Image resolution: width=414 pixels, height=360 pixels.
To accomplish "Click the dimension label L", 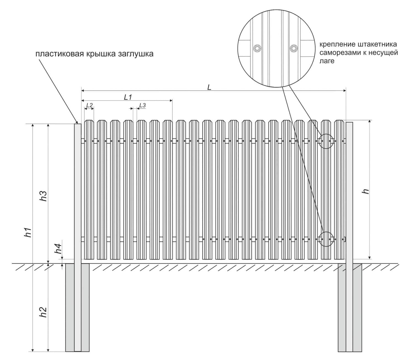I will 209,88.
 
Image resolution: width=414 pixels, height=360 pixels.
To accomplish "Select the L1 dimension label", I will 128,97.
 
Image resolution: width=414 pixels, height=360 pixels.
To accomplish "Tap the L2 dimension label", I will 89,105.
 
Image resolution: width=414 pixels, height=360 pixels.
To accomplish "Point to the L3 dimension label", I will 142,105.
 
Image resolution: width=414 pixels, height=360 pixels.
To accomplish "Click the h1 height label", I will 28,232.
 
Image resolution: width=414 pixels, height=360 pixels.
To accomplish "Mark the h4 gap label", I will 58,248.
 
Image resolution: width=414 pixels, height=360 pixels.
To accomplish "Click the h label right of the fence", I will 366,191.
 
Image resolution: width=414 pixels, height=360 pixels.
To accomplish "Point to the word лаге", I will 327,61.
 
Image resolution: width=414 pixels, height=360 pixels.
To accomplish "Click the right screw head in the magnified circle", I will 294,49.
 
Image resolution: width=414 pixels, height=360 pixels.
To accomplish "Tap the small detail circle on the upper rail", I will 326,141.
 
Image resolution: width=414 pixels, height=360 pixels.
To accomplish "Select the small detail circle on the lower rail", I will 326,239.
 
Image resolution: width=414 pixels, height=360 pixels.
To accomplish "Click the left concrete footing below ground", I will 70,307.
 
